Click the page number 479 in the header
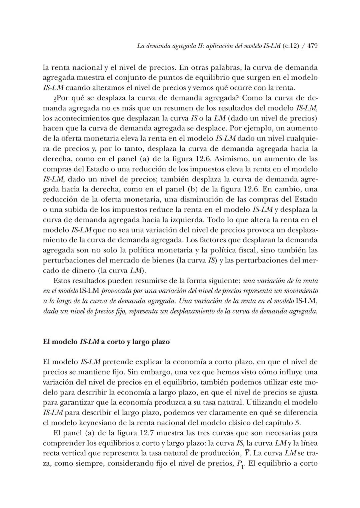[312, 46]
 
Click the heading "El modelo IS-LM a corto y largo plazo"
[106, 342]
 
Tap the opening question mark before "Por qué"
[55, 98]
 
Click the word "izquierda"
[188, 220]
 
